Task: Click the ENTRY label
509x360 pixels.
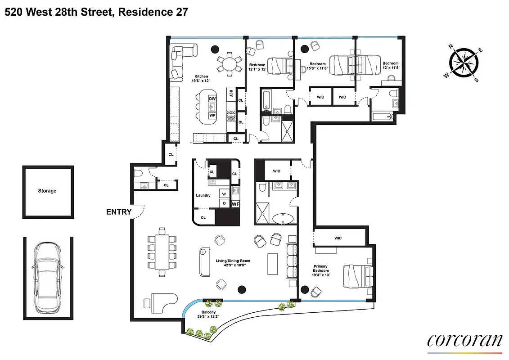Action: pos(119,212)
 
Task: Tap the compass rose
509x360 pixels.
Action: pos(463,63)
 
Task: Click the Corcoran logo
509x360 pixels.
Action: pos(464,341)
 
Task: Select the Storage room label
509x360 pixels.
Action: pos(47,191)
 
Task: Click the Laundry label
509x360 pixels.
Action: pos(203,195)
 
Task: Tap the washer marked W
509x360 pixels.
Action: pos(224,193)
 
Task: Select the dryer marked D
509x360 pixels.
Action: pos(224,203)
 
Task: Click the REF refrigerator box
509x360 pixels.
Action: pos(231,94)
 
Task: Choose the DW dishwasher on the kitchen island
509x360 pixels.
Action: pos(213,98)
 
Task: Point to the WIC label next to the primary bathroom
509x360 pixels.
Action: pos(276,171)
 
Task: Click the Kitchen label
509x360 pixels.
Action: pos(201,76)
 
